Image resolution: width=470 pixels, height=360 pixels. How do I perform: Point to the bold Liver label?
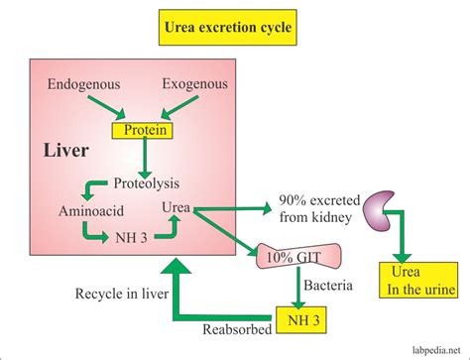(x=66, y=150)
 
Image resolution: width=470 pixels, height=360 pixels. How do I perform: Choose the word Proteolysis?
(x=146, y=183)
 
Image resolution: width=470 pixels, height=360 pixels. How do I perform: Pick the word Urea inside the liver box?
(x=176, y=208)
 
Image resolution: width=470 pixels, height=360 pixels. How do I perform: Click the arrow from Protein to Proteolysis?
(x=145, y=156)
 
